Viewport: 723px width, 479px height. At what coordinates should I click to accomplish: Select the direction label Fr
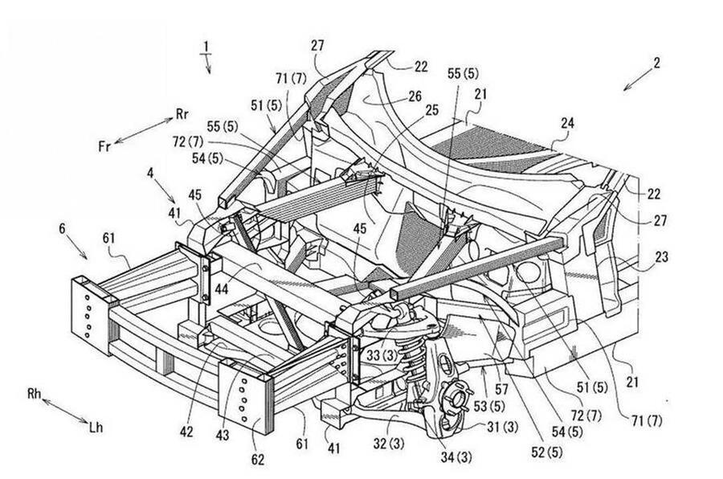click(104, 146)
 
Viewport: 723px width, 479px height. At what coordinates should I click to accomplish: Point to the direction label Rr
click(182, 114)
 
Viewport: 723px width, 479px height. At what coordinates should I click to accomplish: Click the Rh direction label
click(34, 394)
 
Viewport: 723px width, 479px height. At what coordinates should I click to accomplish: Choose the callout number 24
click(567, 124)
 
